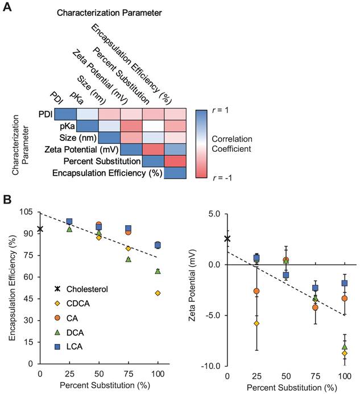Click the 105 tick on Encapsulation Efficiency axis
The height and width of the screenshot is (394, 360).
pos(26,212)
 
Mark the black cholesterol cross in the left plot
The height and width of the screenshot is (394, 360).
pos(40,229)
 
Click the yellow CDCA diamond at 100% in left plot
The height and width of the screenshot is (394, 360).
pos(158,293)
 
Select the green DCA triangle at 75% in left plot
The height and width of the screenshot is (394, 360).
pos(128,259)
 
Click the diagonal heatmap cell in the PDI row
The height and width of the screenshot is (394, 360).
pos(65,114)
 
